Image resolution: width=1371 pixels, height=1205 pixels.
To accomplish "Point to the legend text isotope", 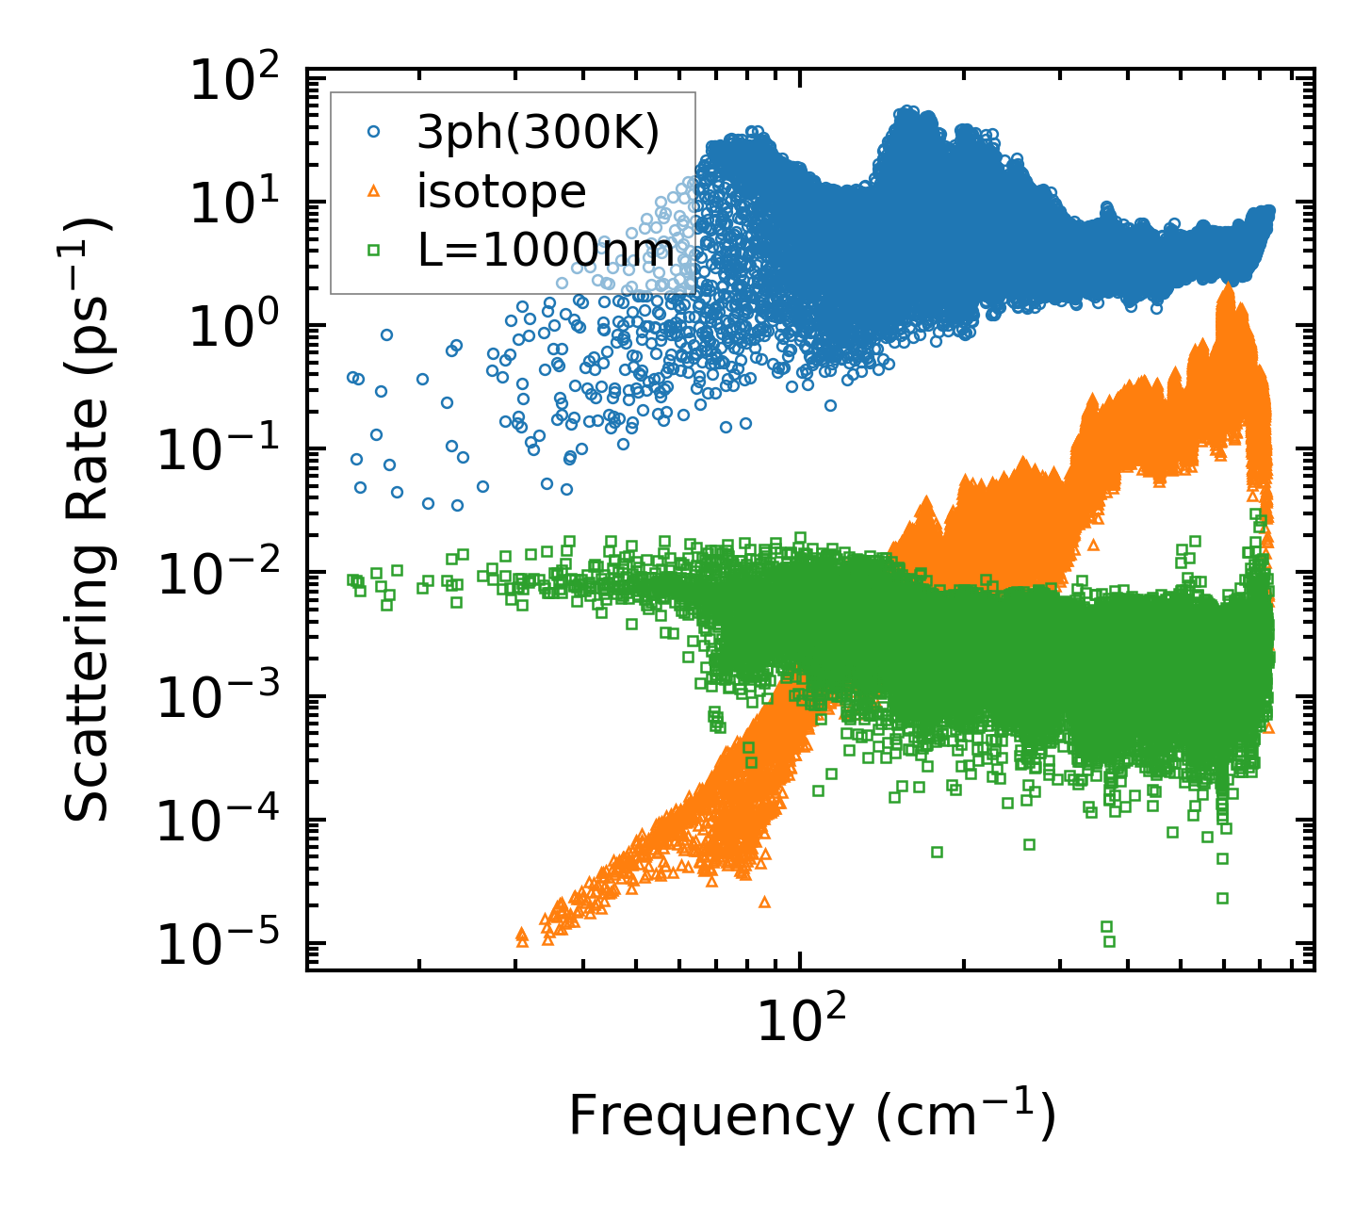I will point(502,192).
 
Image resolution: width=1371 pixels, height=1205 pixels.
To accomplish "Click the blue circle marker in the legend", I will point(374,133).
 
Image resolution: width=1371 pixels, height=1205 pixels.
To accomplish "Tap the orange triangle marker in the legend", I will point(374,191).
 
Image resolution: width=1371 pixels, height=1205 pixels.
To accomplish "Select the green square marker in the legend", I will point(374,250).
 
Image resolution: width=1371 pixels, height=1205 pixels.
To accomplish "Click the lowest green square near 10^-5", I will point(1109,941).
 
